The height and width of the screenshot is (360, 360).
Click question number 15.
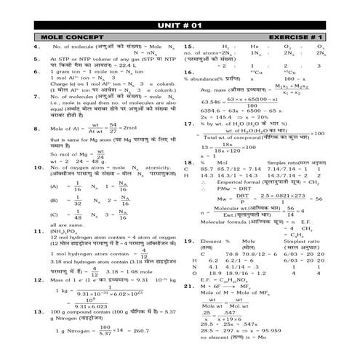tap(188, 45)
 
